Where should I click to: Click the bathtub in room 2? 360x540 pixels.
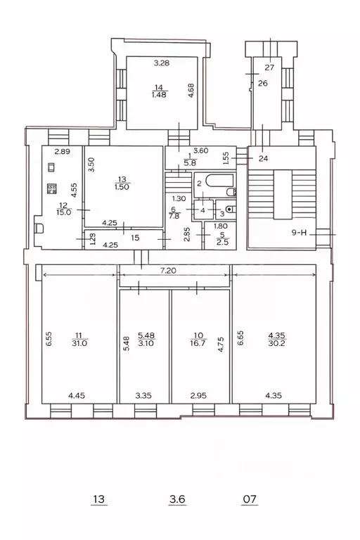tap(219, 181)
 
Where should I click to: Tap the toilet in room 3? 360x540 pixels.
tap(231, 209)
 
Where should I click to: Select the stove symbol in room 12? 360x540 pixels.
tap(51, 188)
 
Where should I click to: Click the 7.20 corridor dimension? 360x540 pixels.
tap(168, 271)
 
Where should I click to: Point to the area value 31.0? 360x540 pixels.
tap(79, 343)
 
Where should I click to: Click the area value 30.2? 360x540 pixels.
tap(276, 343)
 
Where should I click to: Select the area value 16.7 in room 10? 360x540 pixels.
tap(198, 343)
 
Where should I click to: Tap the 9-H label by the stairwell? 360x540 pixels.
tap(299, 233)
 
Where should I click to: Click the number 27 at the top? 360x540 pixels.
tap(269, 67)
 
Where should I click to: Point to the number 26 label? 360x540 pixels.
tap(263, 84)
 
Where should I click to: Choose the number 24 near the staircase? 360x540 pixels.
tap(263, 159)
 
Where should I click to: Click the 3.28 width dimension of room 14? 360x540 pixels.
tap(162, 63)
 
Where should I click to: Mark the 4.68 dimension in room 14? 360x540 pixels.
tap(191, 91)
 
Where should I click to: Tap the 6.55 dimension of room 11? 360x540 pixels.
tap(49, 338)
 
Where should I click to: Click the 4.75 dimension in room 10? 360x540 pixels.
tap(221, 344)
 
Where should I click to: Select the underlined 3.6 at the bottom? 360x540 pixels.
tap(177, 499)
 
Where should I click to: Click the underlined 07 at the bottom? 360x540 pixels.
tap(250, 499)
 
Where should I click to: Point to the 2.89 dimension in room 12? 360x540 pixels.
tap(63, 151)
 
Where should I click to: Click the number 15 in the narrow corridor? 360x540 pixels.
tap(135, 238)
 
